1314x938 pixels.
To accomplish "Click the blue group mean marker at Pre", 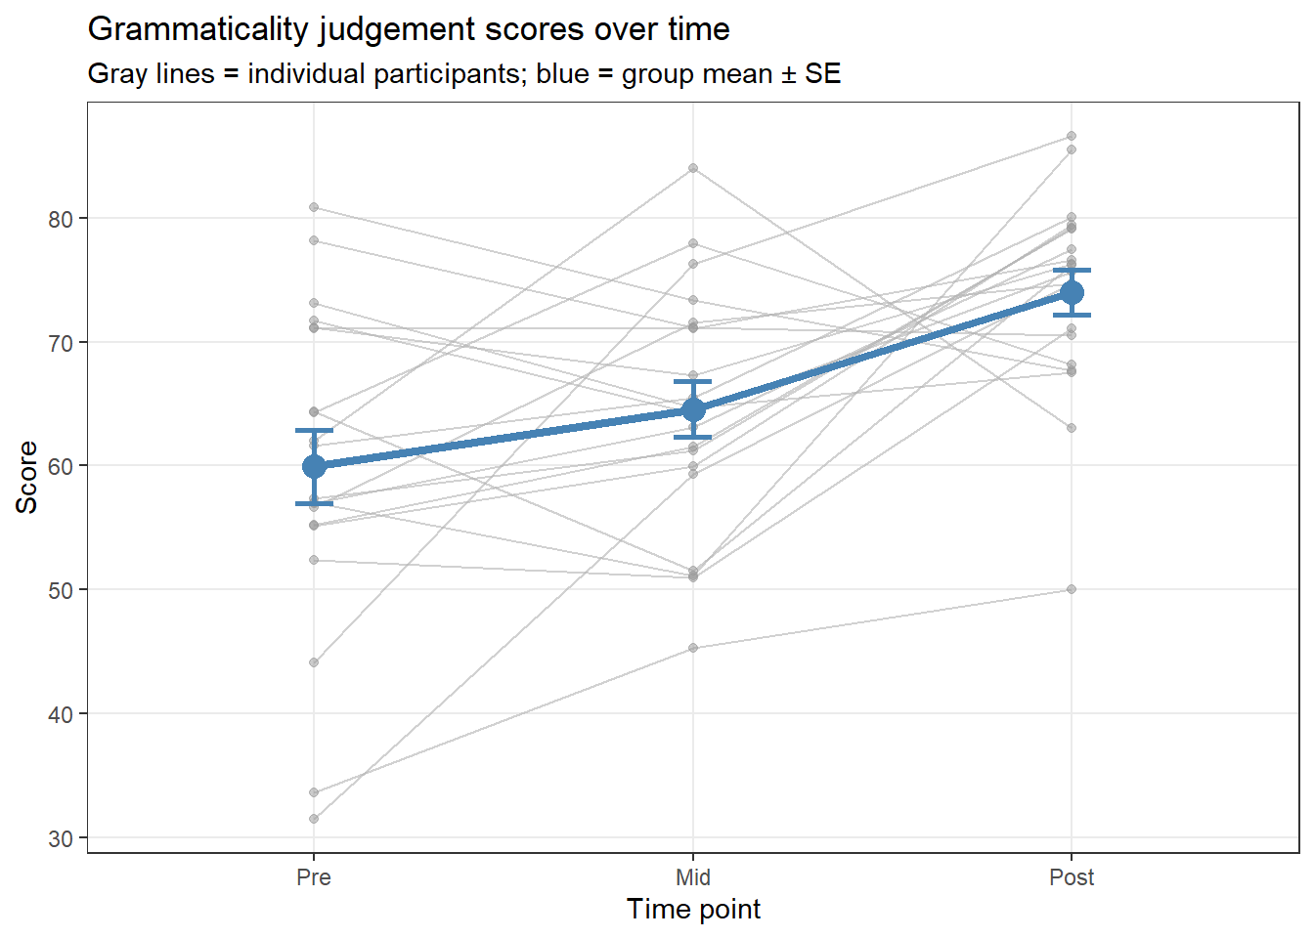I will click(314, 466).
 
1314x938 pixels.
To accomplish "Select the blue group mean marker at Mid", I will click(693, 409).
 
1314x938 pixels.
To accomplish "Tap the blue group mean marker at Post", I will click(1072, 293).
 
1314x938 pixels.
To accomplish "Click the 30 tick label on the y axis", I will click(61, 838).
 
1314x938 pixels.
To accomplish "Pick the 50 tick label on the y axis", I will click(61, 590).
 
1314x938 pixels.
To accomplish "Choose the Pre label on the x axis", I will click(314, 877).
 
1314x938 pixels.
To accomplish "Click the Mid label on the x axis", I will click(693, 877).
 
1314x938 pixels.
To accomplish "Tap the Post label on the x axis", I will click(1072, 877).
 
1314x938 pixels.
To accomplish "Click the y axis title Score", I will click(26, 477).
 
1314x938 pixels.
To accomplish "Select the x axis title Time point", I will click(693, 910).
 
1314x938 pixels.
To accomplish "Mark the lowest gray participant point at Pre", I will click(314, 819).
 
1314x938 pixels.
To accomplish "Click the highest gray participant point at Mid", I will click(693, 168).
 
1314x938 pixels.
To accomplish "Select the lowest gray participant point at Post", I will click(1072, 589).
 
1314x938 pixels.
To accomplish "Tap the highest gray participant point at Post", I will click(1072, 136).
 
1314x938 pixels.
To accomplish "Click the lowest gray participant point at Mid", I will click(693, 648).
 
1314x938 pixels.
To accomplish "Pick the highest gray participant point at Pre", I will click(314, 207).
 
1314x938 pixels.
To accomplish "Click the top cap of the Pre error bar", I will click(314, 430).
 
